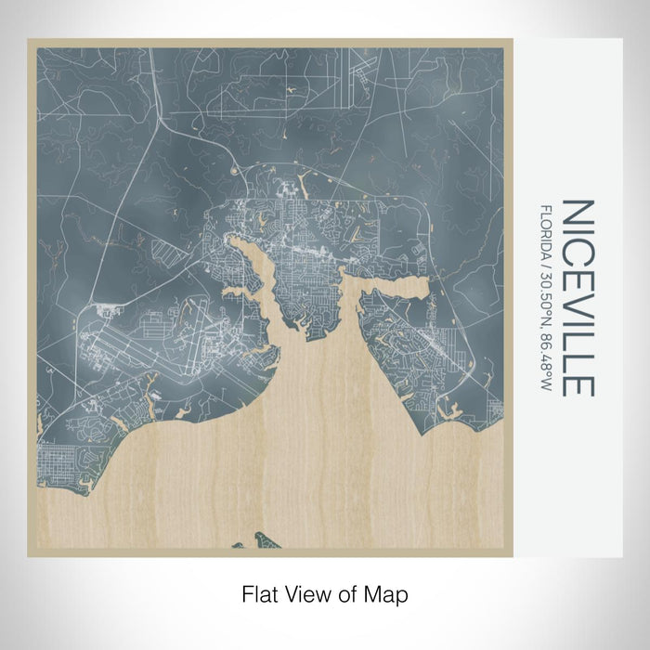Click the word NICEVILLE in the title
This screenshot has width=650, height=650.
(578, 297)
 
